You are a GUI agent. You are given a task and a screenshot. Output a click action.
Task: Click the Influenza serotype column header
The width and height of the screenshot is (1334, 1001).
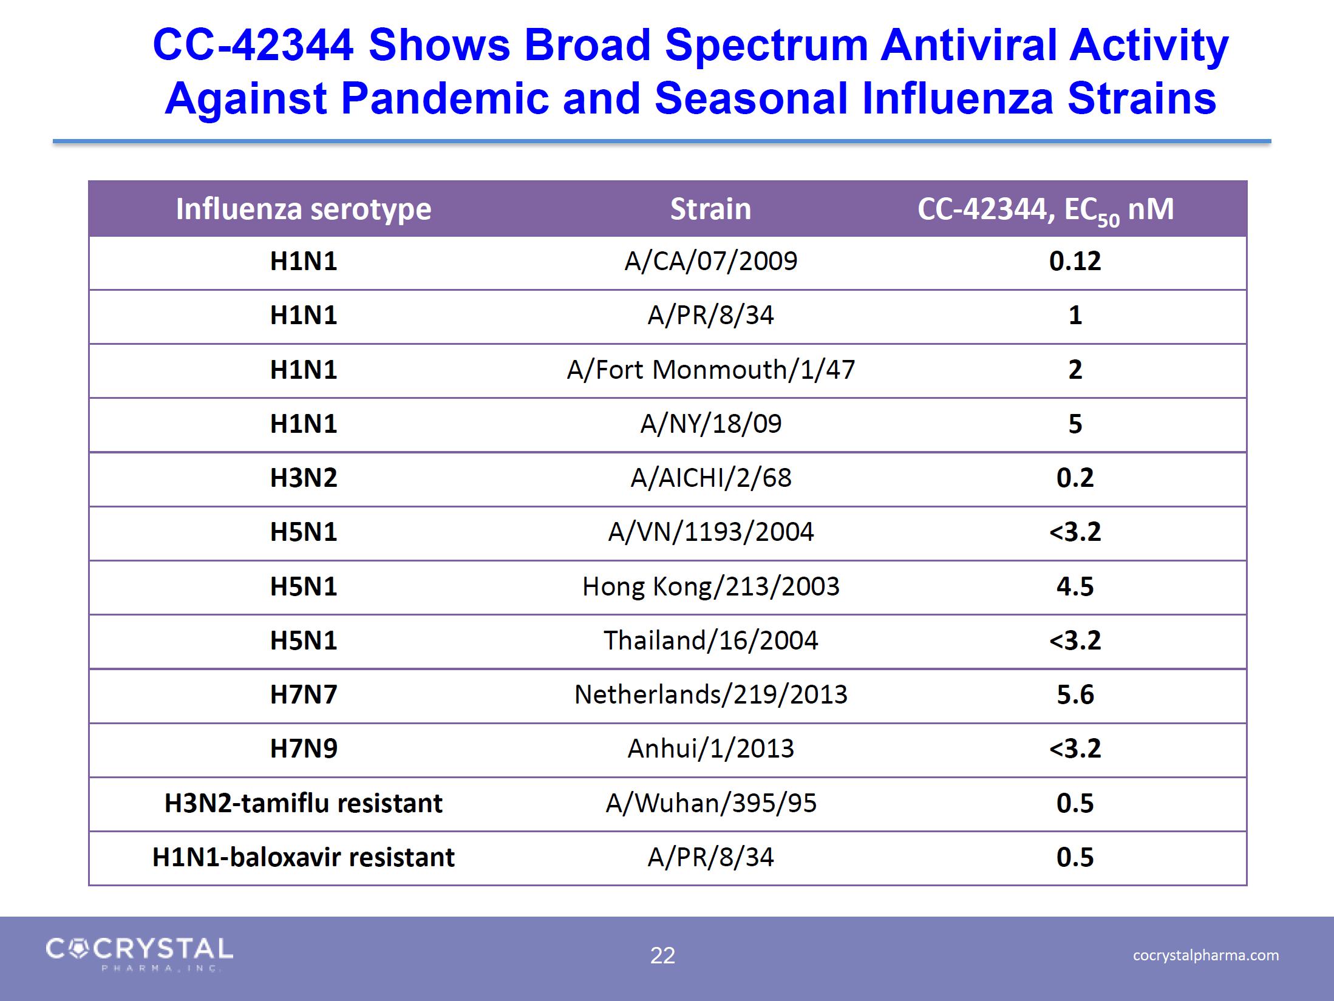pos(304,209)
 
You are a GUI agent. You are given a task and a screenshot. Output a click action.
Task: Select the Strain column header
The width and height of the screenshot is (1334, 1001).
pos(710,209)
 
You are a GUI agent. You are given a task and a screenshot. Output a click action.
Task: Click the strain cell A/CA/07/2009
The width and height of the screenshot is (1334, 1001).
pos(710,261)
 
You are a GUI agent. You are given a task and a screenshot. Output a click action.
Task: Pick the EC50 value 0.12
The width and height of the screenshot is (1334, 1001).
pos(1075,261)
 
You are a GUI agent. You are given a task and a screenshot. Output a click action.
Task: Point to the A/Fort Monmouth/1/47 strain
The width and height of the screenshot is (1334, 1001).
pos(710,370)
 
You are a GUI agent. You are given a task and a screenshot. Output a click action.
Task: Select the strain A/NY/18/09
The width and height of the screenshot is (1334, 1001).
pos(710,424)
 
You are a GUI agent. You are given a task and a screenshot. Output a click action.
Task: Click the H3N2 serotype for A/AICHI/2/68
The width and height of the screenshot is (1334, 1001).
pos(304,478)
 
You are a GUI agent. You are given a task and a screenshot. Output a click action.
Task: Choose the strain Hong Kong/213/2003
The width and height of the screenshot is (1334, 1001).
pos(710,586)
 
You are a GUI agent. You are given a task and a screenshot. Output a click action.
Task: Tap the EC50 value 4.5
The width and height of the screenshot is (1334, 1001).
pos(1075,586)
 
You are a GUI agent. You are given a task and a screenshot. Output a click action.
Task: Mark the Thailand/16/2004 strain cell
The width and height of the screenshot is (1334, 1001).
pos(710,640)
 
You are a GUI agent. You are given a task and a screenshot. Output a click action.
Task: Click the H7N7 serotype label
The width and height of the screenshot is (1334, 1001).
pos(304,694)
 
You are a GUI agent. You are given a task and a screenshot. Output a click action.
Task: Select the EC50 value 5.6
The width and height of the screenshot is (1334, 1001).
pos(1075,694)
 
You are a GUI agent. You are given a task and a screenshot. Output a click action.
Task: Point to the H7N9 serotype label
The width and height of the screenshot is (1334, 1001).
pos(304,748)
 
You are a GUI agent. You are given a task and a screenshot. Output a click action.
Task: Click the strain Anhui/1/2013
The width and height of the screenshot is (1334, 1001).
pos(710,748)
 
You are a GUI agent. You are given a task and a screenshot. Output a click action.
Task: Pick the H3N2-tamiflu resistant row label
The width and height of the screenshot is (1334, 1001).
pos(304,803)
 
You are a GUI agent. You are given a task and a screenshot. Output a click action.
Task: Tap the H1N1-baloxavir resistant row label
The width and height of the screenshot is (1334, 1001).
pos(304,857)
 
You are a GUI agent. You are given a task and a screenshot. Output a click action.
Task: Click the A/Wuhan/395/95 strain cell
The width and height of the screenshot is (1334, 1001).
pos(710,803)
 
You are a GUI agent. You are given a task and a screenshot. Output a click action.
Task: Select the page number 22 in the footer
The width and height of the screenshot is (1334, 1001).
pos(662,956)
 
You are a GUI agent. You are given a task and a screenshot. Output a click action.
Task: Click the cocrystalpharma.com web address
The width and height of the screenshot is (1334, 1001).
pos(1206,955)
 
